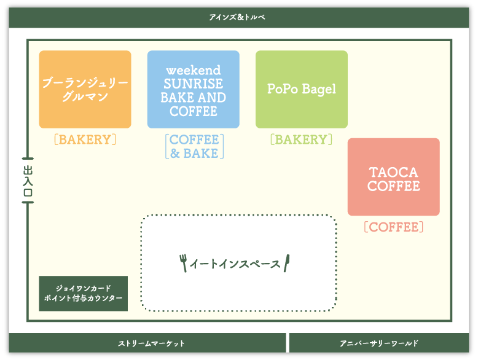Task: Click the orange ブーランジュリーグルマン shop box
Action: [85, 89]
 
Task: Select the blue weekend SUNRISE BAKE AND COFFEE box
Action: [194, 89]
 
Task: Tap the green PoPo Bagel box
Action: [302, 89]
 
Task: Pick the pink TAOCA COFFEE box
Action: [394, 177]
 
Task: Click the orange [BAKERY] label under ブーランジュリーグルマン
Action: [85, 139]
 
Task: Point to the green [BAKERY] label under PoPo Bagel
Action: [301, 139]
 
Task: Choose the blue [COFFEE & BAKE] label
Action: [194, 146]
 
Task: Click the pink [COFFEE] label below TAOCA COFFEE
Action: [394, 227]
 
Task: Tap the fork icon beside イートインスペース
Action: [183, 263]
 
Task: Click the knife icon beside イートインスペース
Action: [286, 263]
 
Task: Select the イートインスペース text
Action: [235, 264]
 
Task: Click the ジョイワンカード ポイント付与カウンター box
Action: [83, 294]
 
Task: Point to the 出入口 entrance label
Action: [28, 181]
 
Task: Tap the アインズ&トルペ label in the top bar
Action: [237, 17]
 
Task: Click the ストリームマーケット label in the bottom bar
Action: [151, 343]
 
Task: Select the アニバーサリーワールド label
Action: [379, 343]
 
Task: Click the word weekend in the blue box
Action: [194, 71]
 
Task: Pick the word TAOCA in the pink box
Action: [393, 173]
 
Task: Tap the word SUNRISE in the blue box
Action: [194, 84]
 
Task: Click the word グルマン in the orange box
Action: [85, 96]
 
